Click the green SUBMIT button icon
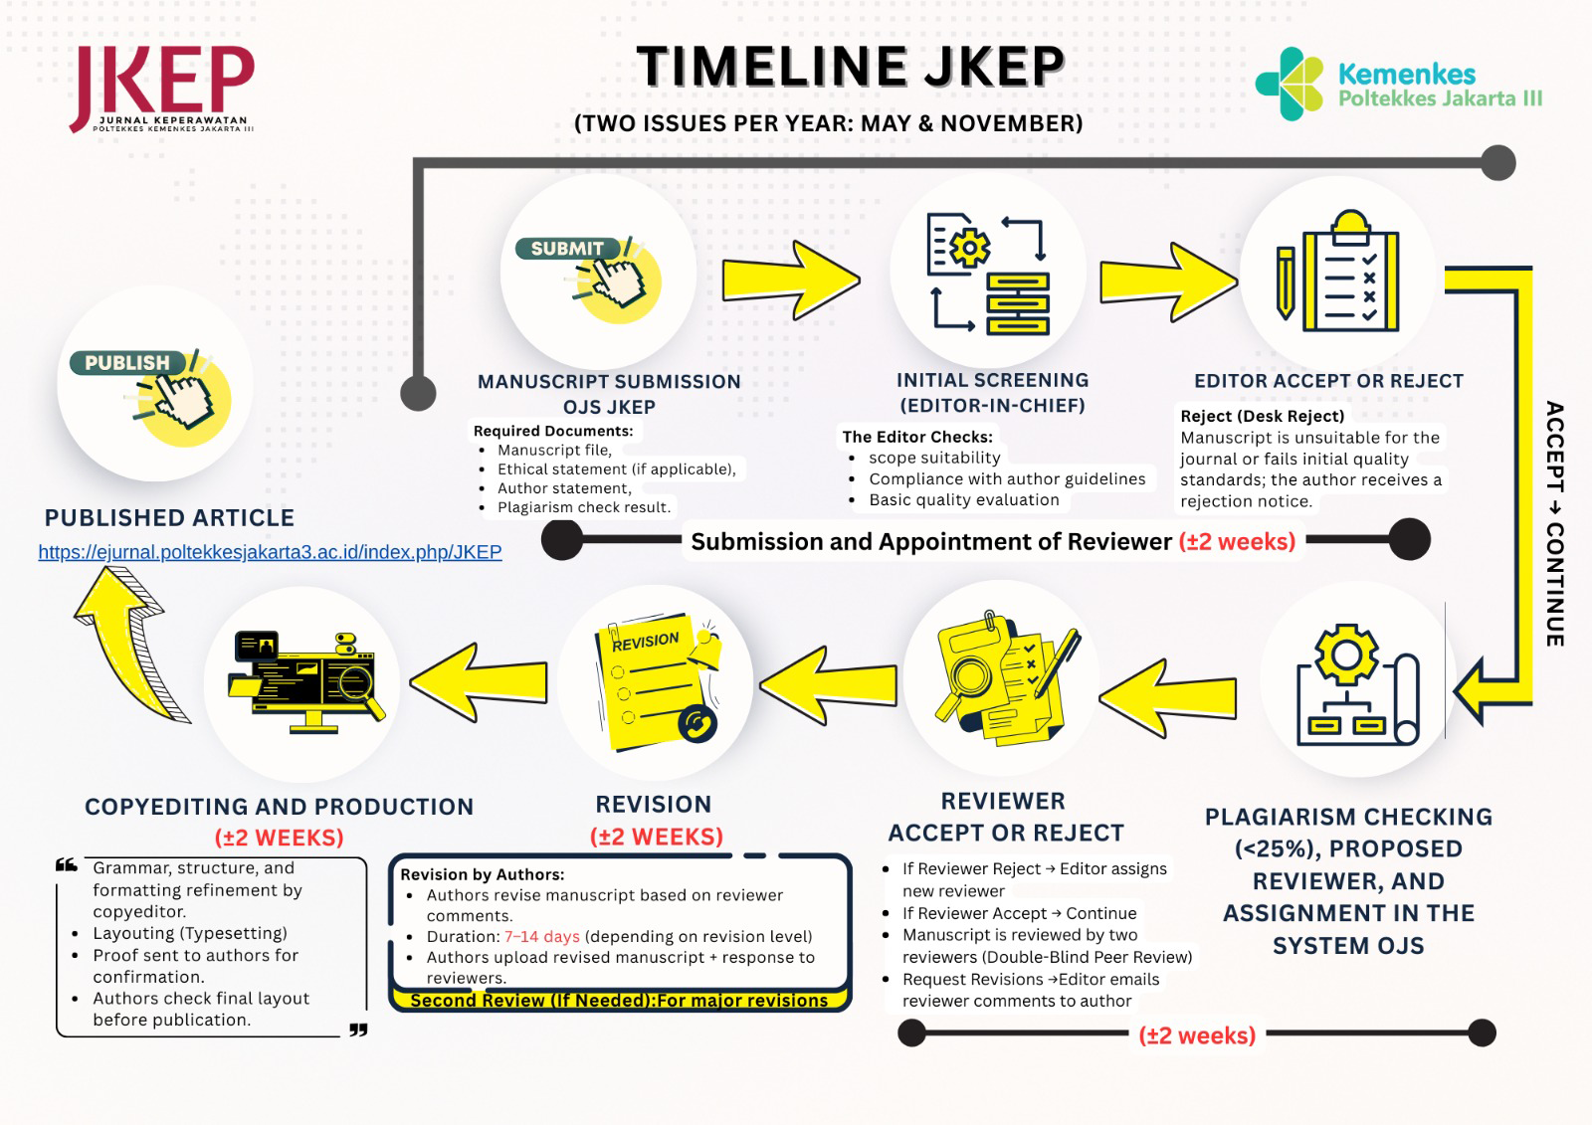pyautogui.click(x=567, y=249)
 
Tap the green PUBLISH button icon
pyautogui.click(x=127, y=363)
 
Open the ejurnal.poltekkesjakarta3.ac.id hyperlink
pyautogui.click(x=270, y=552)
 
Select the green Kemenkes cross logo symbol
pyautogui.click(x=1290, y=84)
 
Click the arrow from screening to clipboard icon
pyautogui.click(x=1167, y=282)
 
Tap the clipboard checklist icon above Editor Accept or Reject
pyautogui.click(x=1339, y=274)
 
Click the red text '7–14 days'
pyautogui.click(x=542, y=936)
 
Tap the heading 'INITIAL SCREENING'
pyautogui.click(x=992, y=380)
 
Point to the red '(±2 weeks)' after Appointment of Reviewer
pyautogui.click(x=1237, y=542)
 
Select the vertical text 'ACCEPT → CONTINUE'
pyautogui.click(x=1554, y=523)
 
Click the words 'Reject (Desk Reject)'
pyautogui.click(x=1262, y=416)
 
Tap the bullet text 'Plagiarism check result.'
pyautogui.click(x=584, y=507)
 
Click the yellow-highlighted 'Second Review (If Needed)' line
pyautogui.click(x=619, y=1001)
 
